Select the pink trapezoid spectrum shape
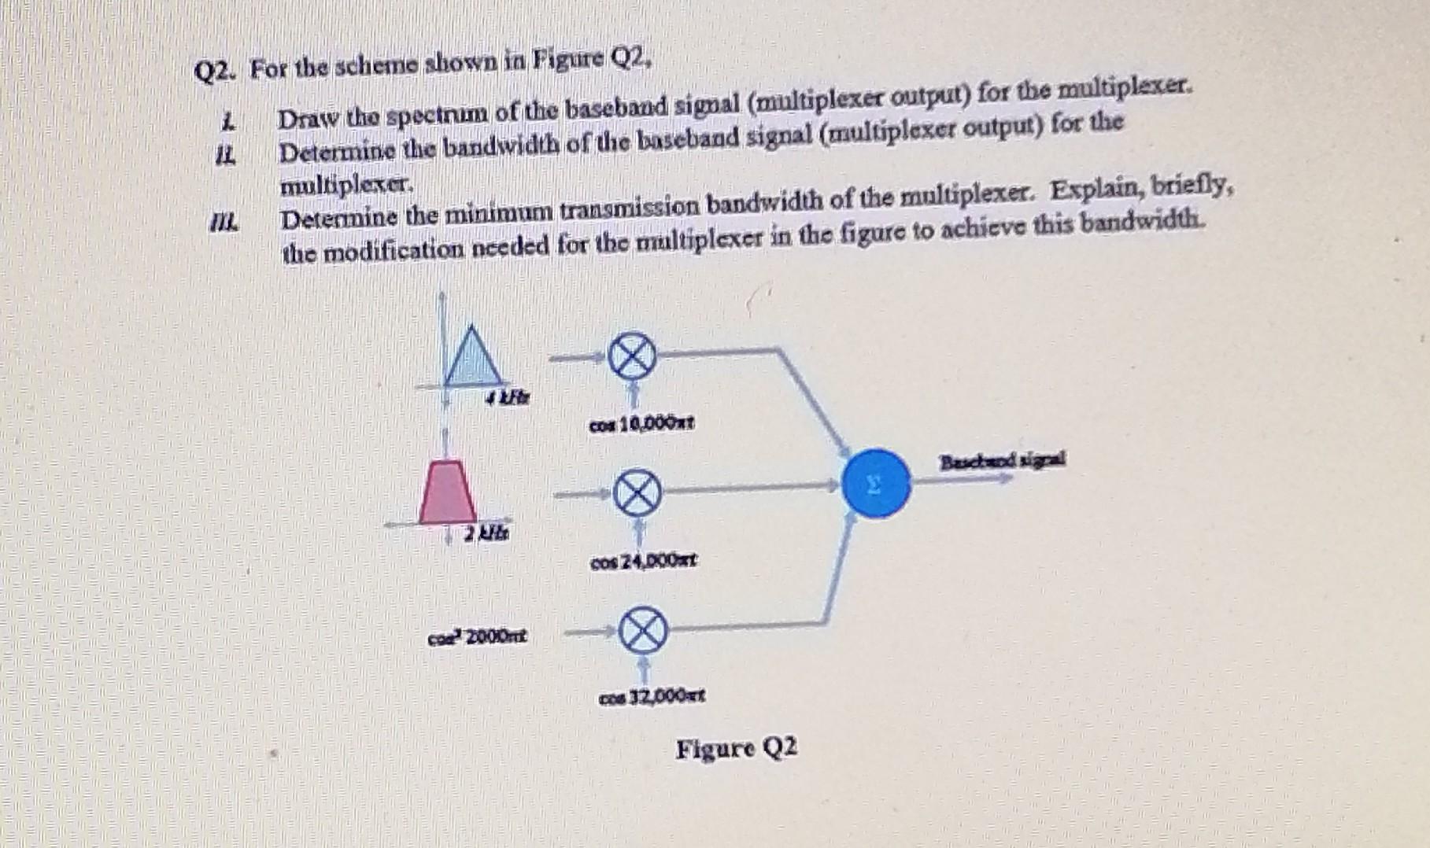pos(446,495)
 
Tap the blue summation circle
pos(876,483)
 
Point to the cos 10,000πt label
pos(641,425)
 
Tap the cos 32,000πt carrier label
pos(652,697)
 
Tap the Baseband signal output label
pos(1003,461)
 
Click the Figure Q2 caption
pos(737,748)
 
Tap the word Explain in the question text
pos(1097,191)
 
